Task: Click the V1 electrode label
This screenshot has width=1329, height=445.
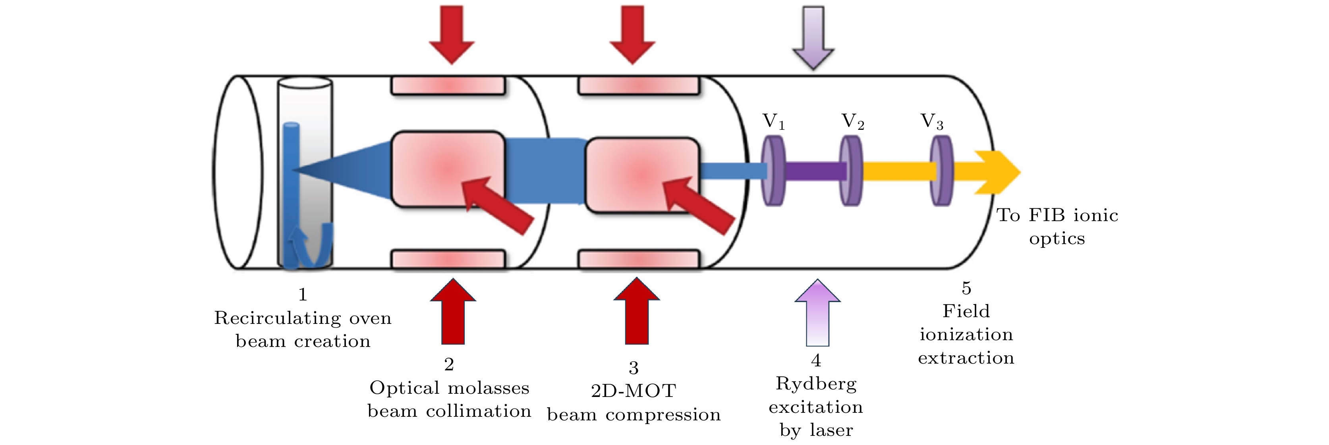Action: point(773,122)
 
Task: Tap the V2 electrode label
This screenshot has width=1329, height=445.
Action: point(853,122)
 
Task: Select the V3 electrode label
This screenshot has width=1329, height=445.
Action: point(932,122)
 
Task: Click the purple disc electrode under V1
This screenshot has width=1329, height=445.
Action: point(773,171)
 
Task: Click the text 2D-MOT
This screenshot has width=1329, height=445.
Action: point(633,391)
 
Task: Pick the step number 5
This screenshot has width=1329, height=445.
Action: point(966,288)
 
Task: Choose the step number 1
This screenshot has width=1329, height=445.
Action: point(302,295)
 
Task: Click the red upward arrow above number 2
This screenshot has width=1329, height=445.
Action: point(453,312)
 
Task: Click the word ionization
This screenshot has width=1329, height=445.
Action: point(966,335)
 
